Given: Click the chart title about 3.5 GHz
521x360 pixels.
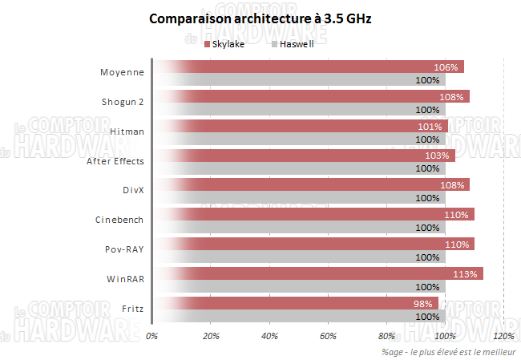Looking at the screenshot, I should [260, 18].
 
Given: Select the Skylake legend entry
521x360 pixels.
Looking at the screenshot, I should [225, 44].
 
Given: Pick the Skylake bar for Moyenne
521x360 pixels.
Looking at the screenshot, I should [308, 67].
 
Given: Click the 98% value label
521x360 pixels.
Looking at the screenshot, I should [422, 304].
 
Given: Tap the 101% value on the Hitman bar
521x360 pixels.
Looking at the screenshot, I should [430, 127].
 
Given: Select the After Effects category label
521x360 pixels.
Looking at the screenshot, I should [115, 161].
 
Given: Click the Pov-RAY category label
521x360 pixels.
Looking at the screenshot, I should [125, 249].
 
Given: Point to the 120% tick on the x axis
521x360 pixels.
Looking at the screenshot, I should [503, 336].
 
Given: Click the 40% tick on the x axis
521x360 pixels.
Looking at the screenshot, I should [270, 336].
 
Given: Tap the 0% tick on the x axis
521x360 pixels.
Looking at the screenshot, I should [152, 336].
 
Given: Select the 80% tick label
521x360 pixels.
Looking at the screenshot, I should [387, 336].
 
